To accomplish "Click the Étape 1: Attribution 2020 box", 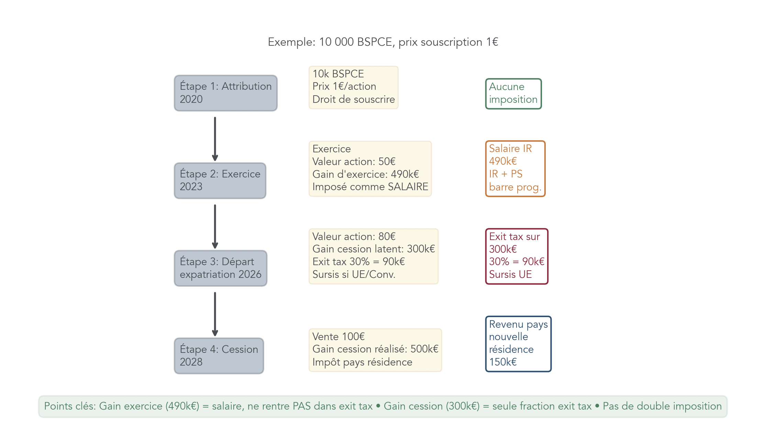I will click(225, 93).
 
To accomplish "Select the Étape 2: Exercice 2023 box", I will click(220, 181).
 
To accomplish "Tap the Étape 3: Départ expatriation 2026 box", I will click(220, 268).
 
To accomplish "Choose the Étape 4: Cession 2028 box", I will click(219, 356).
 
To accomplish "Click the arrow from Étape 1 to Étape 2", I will click(215, 139).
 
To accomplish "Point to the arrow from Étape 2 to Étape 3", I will click(215, 226).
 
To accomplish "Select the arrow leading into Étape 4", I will click(215, 314).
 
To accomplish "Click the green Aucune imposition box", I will click(513, 94).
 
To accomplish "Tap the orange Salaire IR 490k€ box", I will click(515, 169).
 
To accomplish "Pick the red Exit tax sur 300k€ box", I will click(516, 256).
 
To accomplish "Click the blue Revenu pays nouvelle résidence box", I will click(518, 344).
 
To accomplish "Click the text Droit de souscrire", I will click(353, 99).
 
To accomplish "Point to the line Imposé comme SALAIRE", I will click(370, 187).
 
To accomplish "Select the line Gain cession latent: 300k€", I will click(373, 249).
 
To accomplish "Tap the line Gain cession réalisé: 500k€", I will click(375, 349).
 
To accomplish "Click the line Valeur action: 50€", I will click(354, 162).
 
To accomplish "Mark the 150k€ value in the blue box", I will click(503, 362).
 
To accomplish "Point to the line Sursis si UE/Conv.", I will click(354, 274).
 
